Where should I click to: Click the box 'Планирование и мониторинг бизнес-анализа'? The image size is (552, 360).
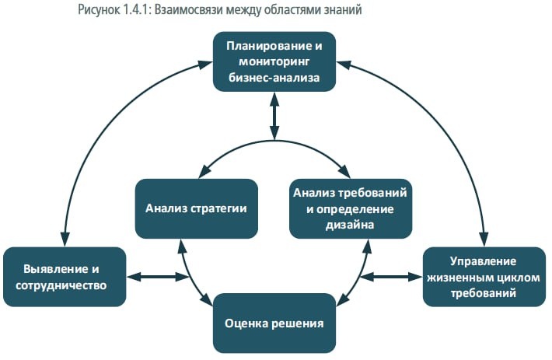pos(274,61)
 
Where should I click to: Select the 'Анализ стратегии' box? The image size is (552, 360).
pos(196,208)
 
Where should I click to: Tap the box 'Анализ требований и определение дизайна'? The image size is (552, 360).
pos(350,208)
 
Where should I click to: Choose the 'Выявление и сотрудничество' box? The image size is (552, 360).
pos(64,276)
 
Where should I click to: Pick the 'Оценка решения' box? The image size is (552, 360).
pos(274,322)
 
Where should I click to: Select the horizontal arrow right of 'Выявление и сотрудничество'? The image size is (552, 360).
pos(159,276)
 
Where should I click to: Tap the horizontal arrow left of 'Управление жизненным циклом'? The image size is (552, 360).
pos(391,276)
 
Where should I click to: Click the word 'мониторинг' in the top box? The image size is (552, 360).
pos(274,61)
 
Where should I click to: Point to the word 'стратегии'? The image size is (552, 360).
pos(222,208)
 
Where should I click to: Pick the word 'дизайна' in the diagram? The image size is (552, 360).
pos(350,225)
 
